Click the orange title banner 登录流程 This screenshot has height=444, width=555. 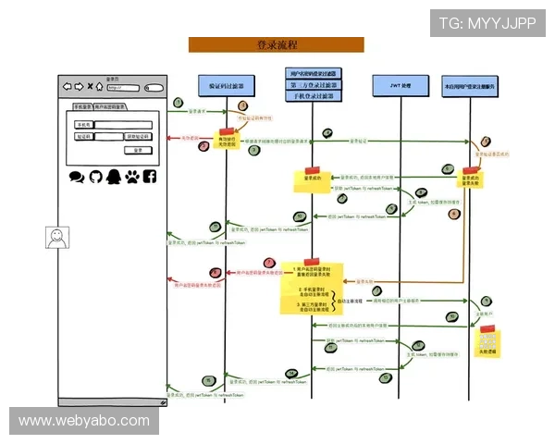click(276, 44)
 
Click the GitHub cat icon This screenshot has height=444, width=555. click(94, 176)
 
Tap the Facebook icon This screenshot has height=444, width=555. click(149, 176)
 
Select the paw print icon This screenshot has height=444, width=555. click(131, 176)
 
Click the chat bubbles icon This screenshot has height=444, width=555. click(76, 176)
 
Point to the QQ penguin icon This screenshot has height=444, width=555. click(113, 176)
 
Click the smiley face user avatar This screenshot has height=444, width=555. click(57, 238)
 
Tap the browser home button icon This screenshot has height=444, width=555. click(99, 88)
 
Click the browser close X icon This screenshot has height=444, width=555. click(89, 88)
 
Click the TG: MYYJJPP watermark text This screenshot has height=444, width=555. click(487, 22)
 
